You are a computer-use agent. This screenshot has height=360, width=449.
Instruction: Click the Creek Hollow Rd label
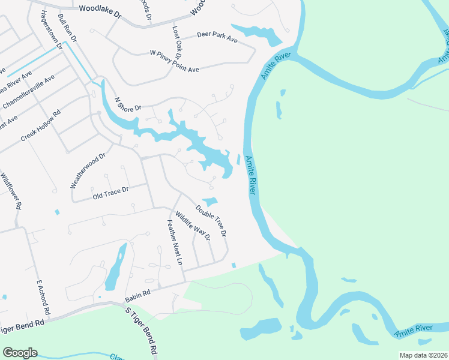coord(41,125)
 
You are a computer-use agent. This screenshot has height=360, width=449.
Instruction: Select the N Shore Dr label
coord(127,104)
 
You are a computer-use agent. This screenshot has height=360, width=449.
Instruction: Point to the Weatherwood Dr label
coord(88,170)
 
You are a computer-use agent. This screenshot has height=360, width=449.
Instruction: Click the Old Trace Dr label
coord(110,192)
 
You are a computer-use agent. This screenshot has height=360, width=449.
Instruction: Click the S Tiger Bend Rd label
coord(142,331)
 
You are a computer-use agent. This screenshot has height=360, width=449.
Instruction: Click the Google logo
coord(20,353)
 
